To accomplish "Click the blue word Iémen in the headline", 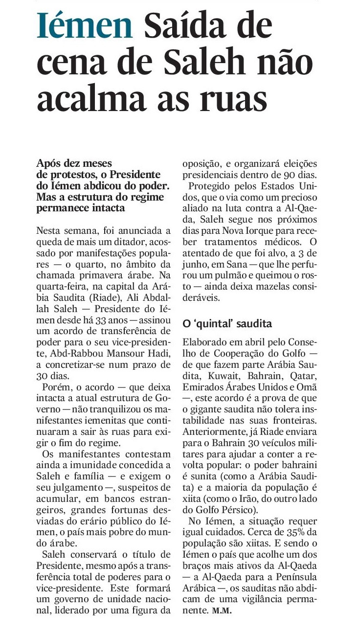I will [x=85, y=25].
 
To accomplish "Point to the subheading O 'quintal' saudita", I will [x=226, y=324].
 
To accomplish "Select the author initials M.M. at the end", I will [x=222, y=611].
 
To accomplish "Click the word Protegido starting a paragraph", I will [x=214, y=186].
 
